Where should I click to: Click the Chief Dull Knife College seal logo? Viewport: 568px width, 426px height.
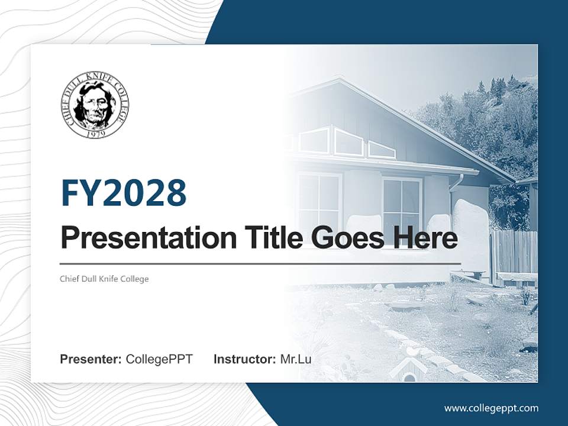pos(95,106)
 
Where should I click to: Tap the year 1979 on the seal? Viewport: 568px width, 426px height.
pos(95,134)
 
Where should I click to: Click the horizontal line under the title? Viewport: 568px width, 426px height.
pos(260,263)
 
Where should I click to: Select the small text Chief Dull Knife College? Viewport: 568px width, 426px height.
pos(104,279)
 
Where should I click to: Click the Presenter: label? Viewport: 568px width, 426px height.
pos(91,359)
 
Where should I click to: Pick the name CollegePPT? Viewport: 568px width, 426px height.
pos(159,359)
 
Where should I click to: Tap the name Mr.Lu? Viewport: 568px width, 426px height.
pos(296,359)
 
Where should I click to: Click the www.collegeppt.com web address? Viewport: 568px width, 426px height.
pos(491,408)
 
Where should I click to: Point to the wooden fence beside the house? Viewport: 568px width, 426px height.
pos(514,251)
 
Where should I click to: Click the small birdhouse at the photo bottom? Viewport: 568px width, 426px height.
pos(408,370)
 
